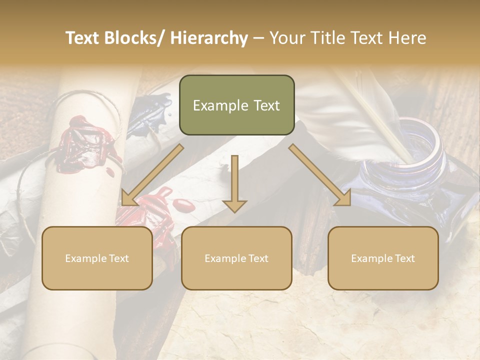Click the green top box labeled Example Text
[x=236, y=105]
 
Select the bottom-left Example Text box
[x=97, y=258]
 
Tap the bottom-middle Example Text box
[x=236, y=258]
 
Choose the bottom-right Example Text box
[x=383, y=258]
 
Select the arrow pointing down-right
[x=320, y=175]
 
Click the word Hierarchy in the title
[x=209, y=38]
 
